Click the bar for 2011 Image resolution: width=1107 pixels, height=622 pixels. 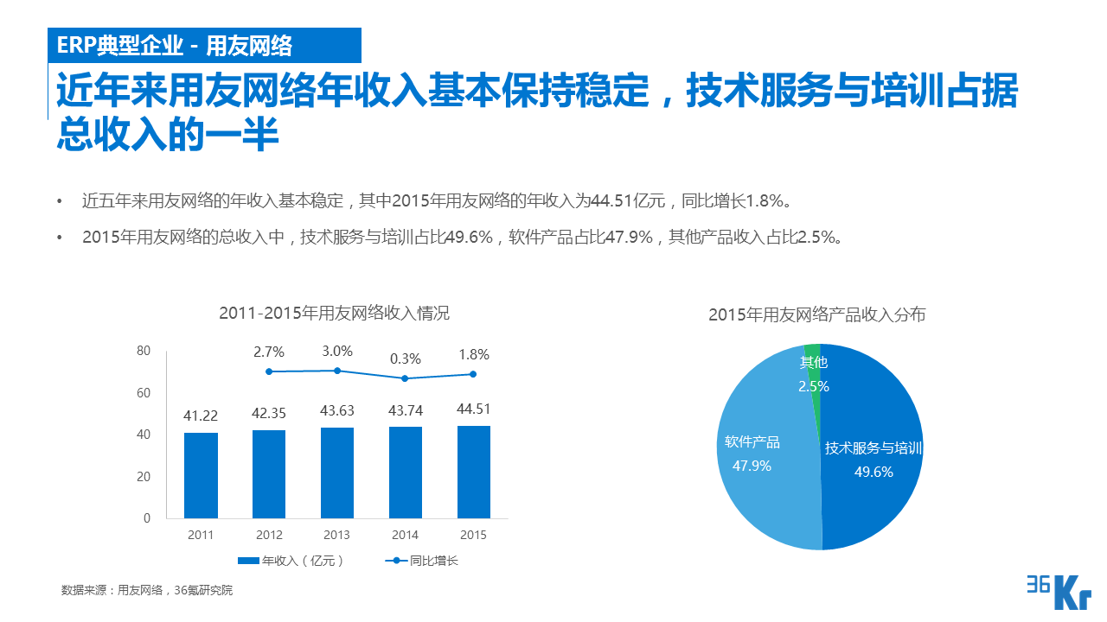pos(201,475)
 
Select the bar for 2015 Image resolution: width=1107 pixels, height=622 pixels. pos(474,472)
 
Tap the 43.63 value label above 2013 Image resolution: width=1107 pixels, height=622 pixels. pos(337,411)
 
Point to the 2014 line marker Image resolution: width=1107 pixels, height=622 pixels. pos(405,378)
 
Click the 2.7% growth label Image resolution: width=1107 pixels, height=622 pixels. pos(269,352)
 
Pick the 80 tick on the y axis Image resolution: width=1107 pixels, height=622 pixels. pos(144,351)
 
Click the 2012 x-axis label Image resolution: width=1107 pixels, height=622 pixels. pos(269,535)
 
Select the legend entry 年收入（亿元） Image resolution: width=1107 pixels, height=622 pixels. pos(291,561)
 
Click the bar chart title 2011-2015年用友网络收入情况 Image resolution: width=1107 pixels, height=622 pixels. pos(334,313)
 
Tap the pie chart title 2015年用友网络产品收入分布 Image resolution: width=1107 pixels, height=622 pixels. pos(816,314)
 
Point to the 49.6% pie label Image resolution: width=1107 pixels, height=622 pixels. pos(873,472)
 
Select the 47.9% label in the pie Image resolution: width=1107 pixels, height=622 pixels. pos(752,466)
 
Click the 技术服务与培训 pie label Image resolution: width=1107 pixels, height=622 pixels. pos(873,448)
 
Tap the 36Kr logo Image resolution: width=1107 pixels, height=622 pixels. pos(1058,591)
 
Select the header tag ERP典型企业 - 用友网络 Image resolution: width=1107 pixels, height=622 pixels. pos(174,45)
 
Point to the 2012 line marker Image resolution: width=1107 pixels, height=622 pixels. pos(269,371)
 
